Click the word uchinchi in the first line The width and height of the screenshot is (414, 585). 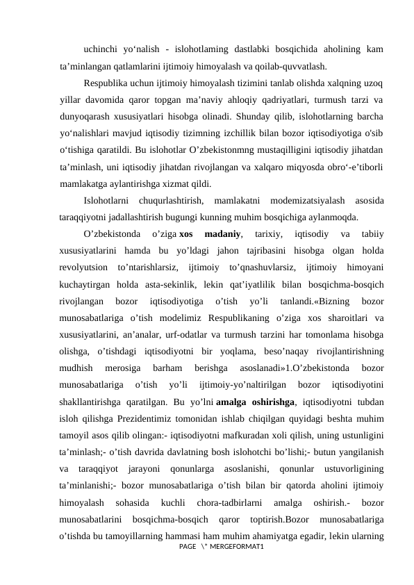pyautogui.click(x=101, y=49)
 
